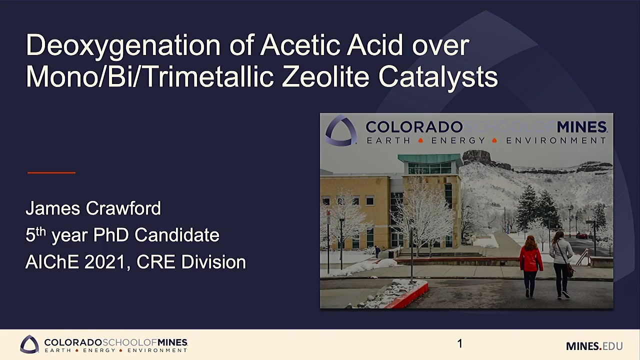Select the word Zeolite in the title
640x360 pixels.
[325, 77]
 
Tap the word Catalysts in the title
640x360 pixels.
[438, 77]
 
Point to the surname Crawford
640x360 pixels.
[123, 208]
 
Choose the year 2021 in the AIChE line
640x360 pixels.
[105, 261]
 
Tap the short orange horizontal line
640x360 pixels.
[51, 172]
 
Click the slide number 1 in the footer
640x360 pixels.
[459, 343]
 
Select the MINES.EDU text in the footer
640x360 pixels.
[594, 346]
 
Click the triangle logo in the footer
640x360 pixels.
[29, 344]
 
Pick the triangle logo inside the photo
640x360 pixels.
[341, 130]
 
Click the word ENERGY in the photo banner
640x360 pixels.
[458, 140]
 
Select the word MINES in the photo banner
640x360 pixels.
[581, 127]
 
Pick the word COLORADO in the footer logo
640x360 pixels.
[73, 342]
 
